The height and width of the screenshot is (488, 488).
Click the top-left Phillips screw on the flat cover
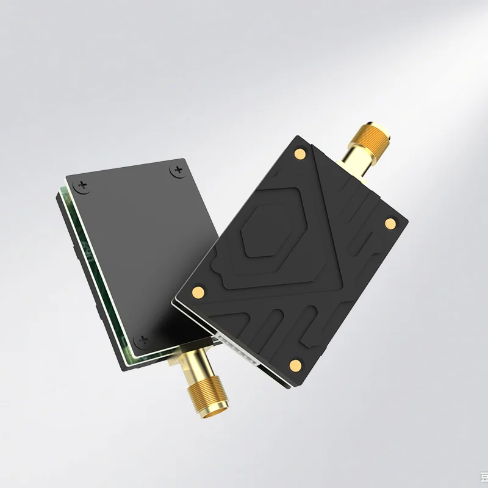pyautogui.click(x=84, y=184)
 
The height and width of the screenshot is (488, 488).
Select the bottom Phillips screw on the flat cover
pyautogui.click(x=142, y=339)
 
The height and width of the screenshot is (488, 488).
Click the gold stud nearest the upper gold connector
pyautogui.click(x=300, y=154)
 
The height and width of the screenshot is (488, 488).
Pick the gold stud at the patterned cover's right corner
pyautogui.click(x=389, y=224)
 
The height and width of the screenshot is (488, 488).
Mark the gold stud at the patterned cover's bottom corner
pyautogui.click(x=296, y=365)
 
